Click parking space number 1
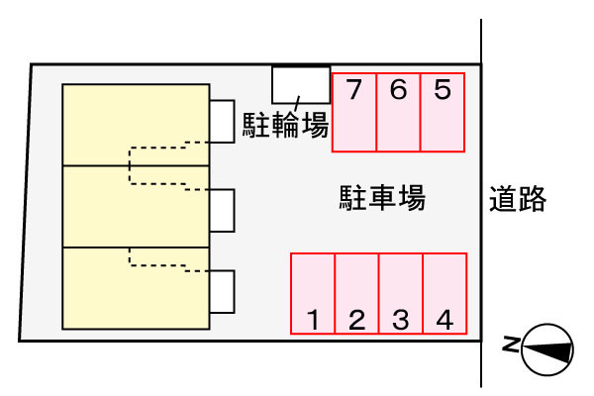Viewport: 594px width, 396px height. tap(313, 293)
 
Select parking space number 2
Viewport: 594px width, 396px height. tap(357, 293)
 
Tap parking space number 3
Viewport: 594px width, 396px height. tap(401, 293)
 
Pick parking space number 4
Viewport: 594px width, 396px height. tap(445, 293)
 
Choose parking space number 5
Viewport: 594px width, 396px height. tap(443, 112)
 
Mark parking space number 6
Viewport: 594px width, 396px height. tap(398, 112)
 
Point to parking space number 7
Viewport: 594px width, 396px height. tap(353, 112)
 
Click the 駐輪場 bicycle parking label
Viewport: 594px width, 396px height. tap(286, 125)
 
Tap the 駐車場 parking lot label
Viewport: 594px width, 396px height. tap(382, 198)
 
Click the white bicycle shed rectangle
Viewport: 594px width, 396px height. tap(301, 84)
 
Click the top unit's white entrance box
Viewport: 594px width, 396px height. tap(222, 121)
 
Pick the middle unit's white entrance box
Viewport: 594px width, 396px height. tap(222, 210)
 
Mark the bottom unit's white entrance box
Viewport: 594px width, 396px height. tap(222, 291)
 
